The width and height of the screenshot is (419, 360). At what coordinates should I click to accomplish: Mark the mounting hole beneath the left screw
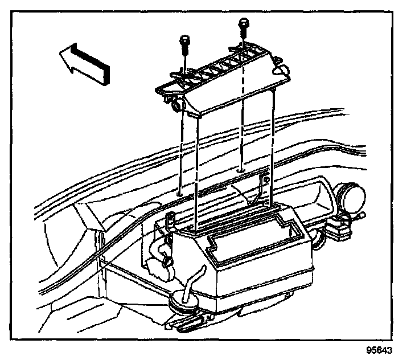pos(180,192)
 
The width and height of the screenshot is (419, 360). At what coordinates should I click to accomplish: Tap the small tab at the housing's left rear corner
pos(169,219)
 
